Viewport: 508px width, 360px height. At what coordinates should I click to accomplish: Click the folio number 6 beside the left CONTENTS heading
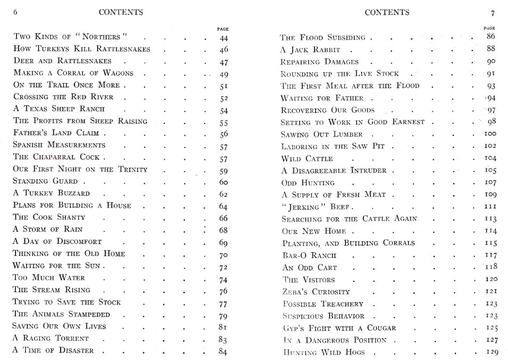(15, 12)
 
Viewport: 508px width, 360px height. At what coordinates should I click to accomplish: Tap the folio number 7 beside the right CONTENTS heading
(493, 12)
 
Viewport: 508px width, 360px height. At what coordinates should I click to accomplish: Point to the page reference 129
(491, 353)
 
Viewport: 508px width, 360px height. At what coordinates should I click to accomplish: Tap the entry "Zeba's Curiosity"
(316, 292)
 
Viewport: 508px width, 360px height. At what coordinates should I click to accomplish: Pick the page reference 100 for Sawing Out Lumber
(490, 134)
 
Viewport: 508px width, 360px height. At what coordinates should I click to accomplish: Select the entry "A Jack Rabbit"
(310, 50)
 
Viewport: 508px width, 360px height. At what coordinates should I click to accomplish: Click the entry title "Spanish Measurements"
(60, 145)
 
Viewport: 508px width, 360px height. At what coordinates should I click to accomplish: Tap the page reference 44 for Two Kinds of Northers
(224, 38)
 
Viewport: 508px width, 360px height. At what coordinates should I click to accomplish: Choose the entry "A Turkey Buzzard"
(52, 193)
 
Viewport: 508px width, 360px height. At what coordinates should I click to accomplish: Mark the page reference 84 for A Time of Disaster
(223, 351)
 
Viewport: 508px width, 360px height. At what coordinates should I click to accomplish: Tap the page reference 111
(490, 207)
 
